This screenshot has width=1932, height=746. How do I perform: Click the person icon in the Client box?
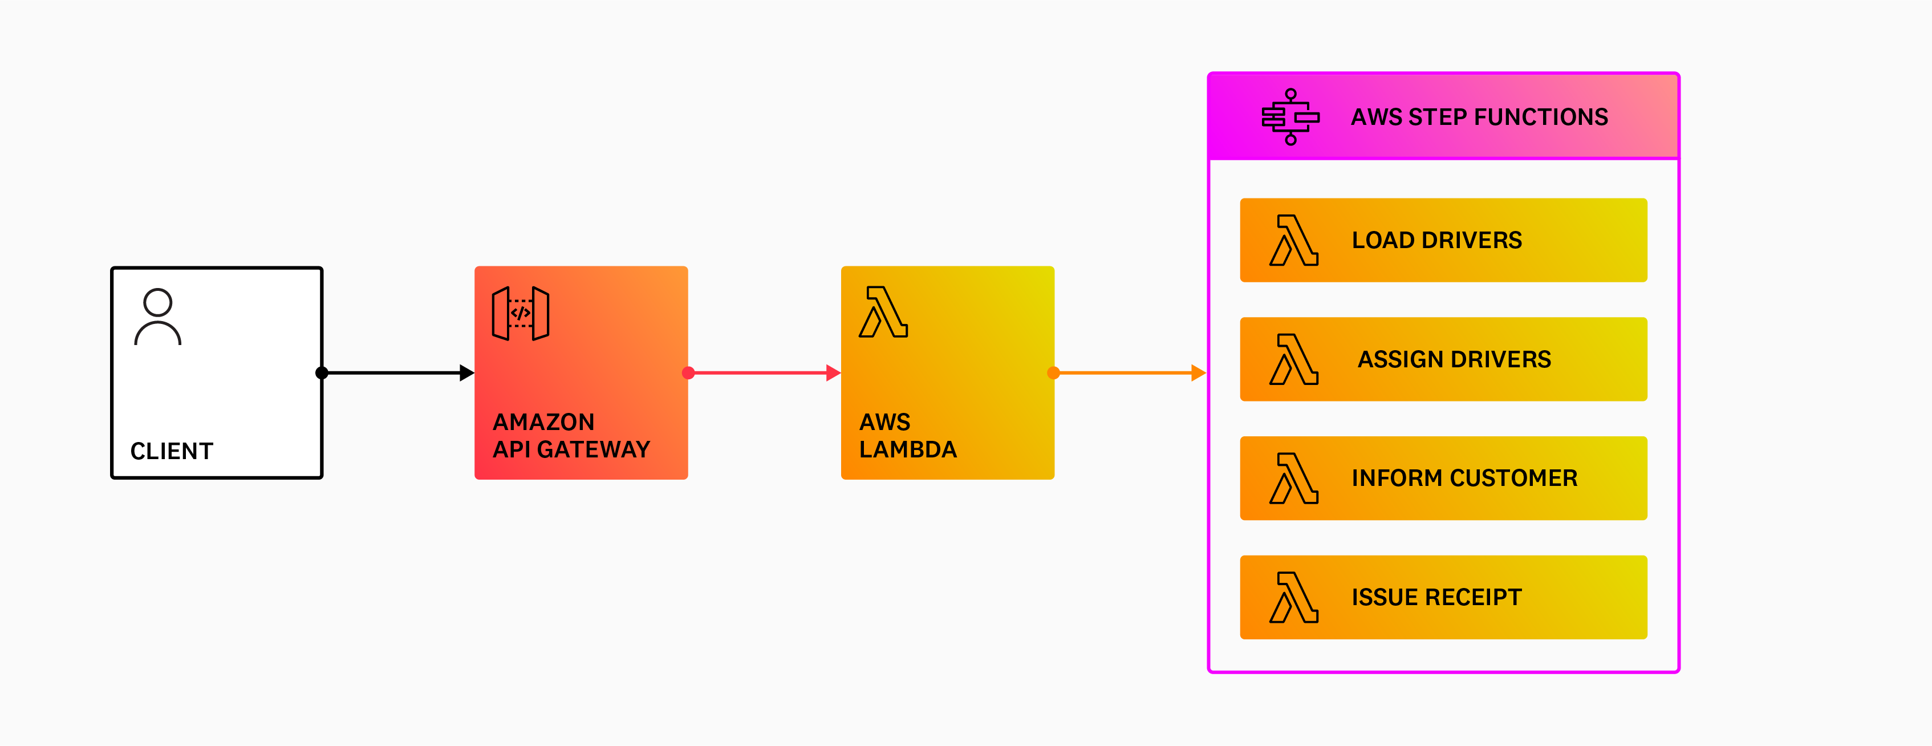[x=157, y=317]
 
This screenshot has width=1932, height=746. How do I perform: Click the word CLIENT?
[x=172, y=451]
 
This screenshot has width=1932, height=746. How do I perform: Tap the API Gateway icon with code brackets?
[x=521, y=313]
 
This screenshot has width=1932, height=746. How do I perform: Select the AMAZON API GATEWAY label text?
[x=571, y=436]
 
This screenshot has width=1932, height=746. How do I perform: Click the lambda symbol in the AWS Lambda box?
[x=883, y=312]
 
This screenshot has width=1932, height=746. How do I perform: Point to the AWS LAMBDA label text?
[x=907, y=436]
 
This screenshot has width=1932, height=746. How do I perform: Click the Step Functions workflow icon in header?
[x=1290, y=117]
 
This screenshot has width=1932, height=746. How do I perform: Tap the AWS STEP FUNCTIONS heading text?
[x=1479, y=117]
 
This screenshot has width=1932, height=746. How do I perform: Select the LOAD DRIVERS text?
[x=1436, y=240]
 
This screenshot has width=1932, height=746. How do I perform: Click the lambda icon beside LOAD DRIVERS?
[x=1294, y=241]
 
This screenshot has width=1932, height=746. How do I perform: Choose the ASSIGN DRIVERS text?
[x=1454, y=359]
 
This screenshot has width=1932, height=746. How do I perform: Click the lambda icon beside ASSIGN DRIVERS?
[x=1294, y=359]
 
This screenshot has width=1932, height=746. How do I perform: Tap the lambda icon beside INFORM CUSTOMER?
[x=1294, y=479]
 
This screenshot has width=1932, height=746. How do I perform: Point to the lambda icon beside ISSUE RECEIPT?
[x=1294, y=598]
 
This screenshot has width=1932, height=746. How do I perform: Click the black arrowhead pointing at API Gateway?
[x=466, y=372]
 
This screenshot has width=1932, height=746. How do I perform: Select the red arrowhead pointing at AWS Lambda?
[x=833, y=372]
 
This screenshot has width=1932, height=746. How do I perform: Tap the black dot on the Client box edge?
[x=322, y=372]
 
